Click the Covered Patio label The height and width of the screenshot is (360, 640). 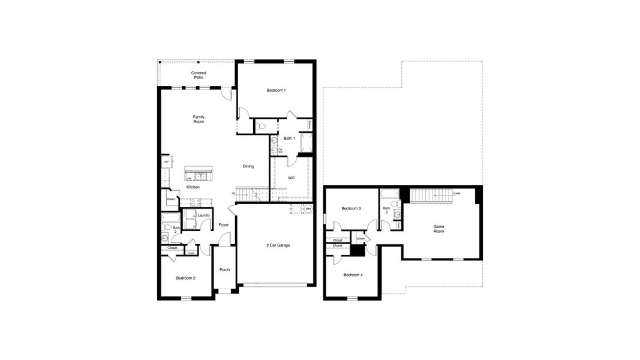click(199, 75)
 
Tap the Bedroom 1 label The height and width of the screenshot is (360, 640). click(276, 91)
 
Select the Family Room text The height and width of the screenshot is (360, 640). click(199, 119)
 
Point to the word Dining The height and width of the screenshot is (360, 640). click(248, 166)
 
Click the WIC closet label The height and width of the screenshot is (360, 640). click(291, 178)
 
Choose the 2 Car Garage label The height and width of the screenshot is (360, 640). click(278, 245)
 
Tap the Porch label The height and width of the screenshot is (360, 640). click(224, 269)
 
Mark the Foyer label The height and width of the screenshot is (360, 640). click(223, 225)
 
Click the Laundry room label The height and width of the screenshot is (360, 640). click(203, 215)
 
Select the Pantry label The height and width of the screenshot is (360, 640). click(171, 199)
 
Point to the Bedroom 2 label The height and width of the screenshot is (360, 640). click(185, 278)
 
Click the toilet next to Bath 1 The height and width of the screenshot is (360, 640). click(262, 127)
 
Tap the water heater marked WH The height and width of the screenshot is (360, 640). click(308, 209)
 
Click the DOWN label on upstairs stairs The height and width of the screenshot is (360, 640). click(456, 194)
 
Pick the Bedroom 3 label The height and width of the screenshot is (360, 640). click(351, 208)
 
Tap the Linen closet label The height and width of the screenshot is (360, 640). click(360, 239)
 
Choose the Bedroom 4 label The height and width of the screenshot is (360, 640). click(353, 275)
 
